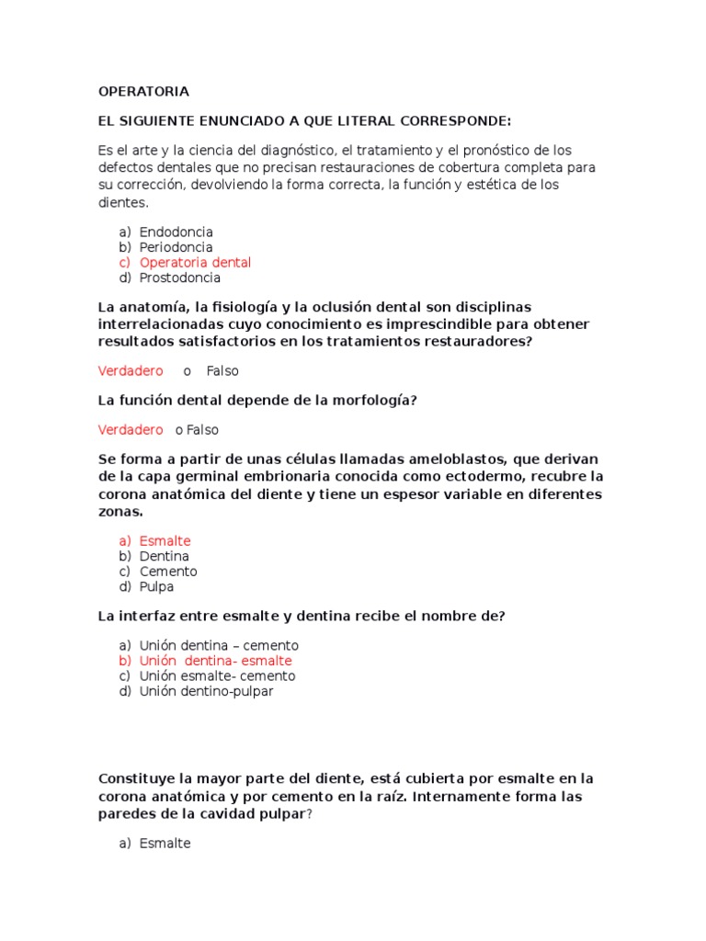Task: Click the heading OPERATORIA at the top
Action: coord(143,92)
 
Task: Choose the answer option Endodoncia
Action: coord(176,232)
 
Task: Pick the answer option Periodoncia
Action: coord(176,247)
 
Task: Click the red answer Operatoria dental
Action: coord(195,263)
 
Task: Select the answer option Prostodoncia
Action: coord(180,278)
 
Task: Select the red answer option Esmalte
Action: coord(165,541)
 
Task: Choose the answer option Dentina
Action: coord(165,556)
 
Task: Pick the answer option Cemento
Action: coord(168,572)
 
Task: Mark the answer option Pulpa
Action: coord(156,586)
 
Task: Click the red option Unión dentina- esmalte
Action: coord(216,661)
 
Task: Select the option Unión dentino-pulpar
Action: coord(207,691)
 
